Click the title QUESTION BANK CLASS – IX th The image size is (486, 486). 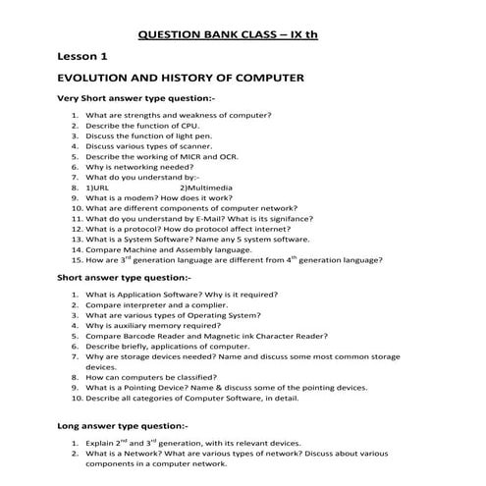(x=242, y=35)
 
